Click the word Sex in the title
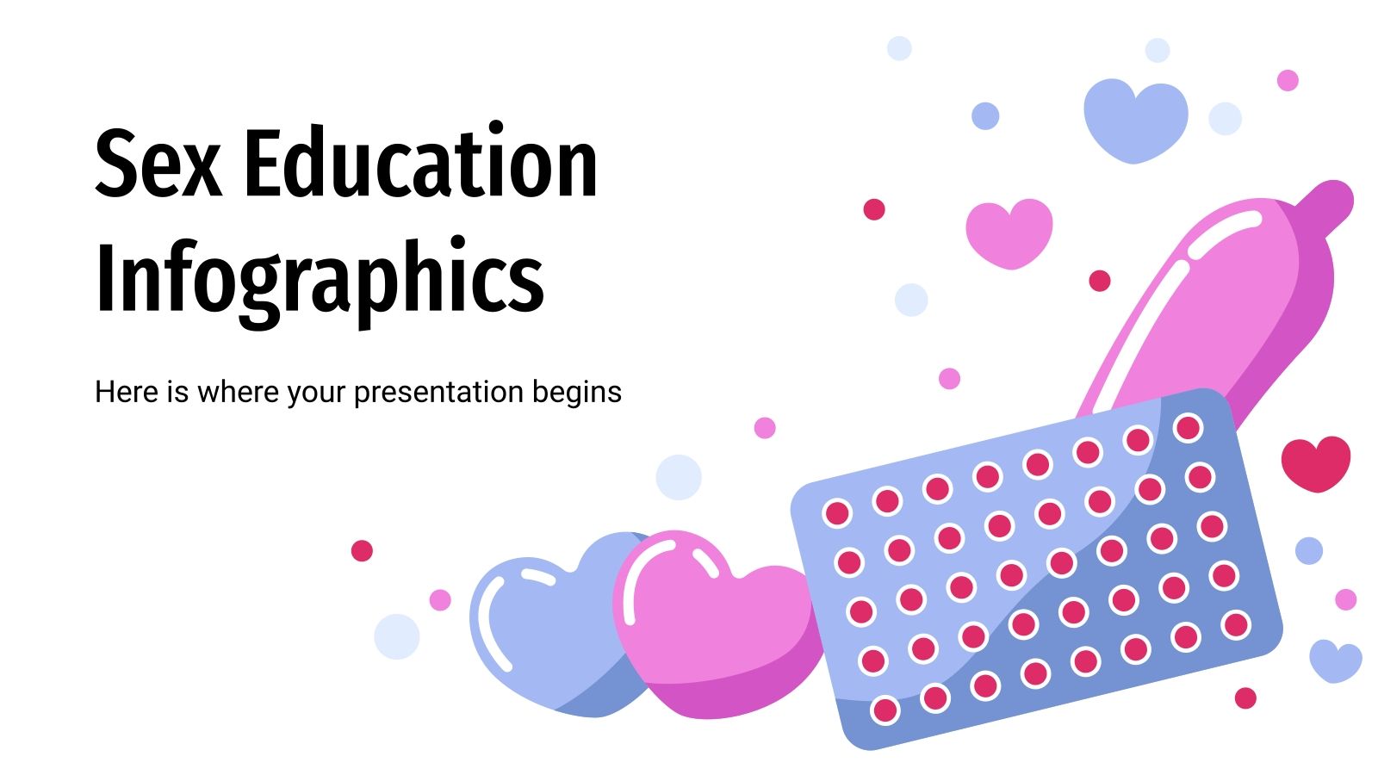pyautogui.click(x=158, y=164)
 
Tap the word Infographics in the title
pyautogui.click(x=320, y=278)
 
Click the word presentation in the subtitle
pyautogui.click(x=438, y=393)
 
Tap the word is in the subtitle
pyautogui.click(x=177, y=392)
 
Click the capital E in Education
pyautogui.click(x=263, y=164)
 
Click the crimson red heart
pyautogui.click(x=1315, y=462)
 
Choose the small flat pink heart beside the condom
pyautogui.click(x=1009, y=231)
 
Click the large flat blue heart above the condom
pyautogui.click(x=1134, y=118)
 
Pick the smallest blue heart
pyautogui.click(x=1335, y=660)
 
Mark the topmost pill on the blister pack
pyautogui.click(x=1188, y=427)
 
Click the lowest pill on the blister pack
pyautogui.click(x=885, y=710)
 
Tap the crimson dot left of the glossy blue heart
pyautogui.click(x=362, y=550)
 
